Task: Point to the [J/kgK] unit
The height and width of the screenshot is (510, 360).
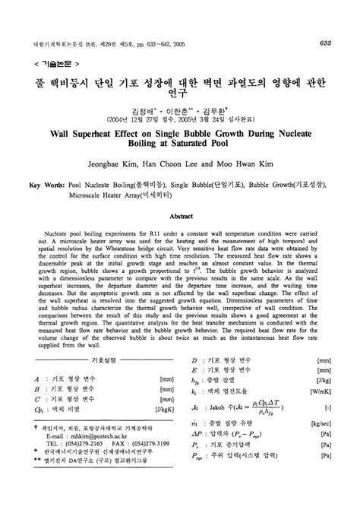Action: click(163, 410)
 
